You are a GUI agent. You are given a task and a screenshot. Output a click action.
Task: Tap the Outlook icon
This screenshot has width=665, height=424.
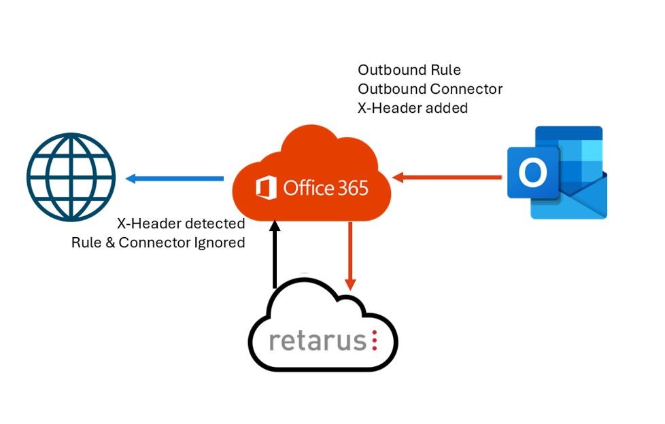coord(557,173)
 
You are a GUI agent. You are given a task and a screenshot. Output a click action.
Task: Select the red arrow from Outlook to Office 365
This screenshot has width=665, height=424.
coord(448,178)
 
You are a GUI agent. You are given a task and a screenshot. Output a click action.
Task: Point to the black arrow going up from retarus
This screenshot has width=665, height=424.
coord(275,254)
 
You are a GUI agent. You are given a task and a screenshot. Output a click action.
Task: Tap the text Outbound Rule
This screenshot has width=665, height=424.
coord(409,70)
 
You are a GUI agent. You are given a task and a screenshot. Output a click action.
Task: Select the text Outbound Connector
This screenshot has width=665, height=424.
coord(430,89)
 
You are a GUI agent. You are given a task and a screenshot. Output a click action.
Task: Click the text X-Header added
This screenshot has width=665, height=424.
coord(413,107)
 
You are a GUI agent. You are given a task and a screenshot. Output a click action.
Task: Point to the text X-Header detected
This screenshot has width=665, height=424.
coord(181,224)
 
